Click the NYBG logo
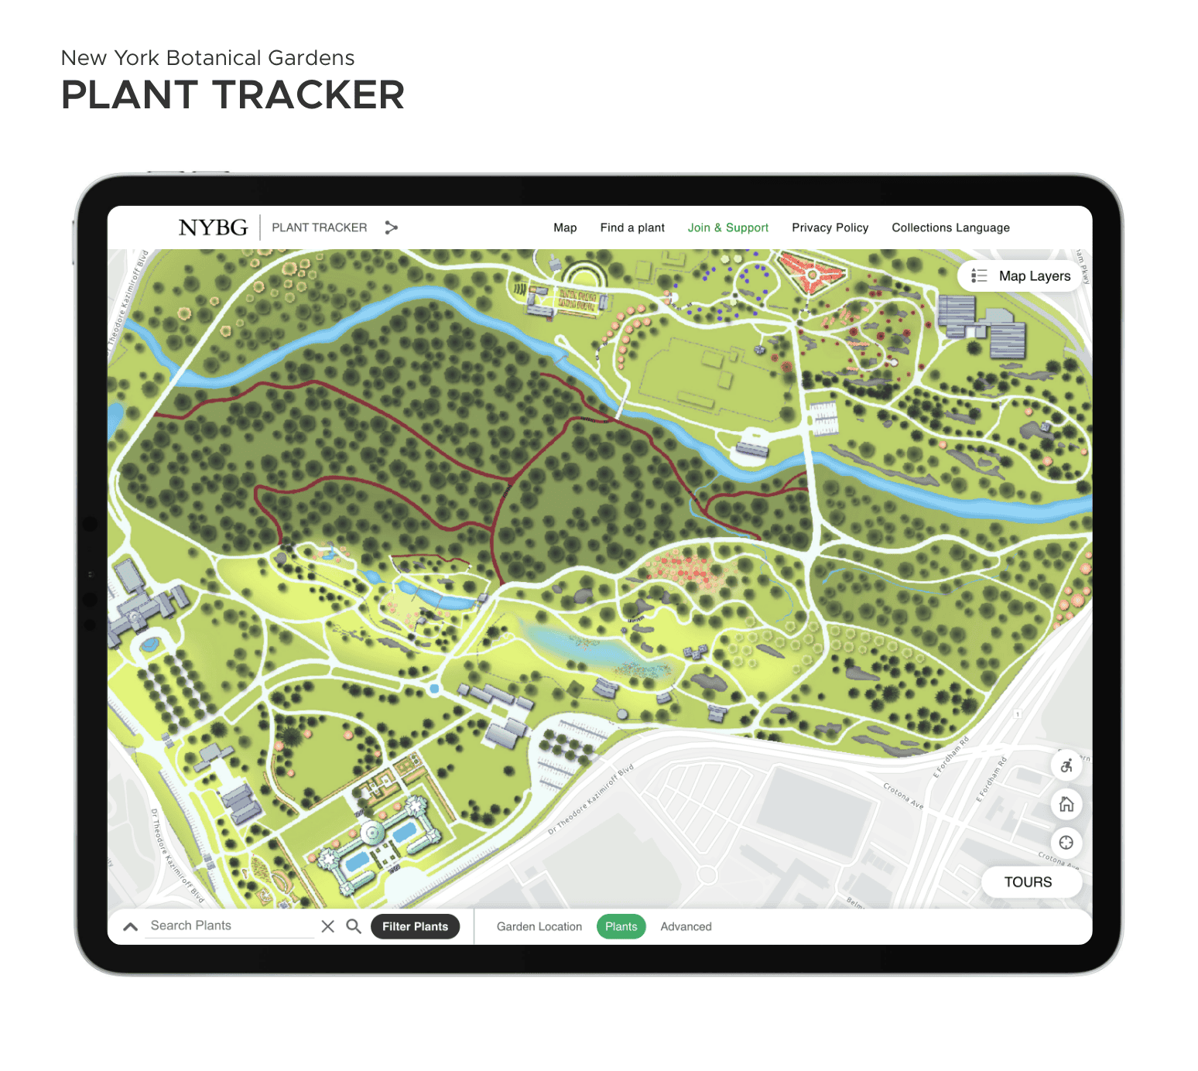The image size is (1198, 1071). point(213,228)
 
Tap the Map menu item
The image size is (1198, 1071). point(565,228)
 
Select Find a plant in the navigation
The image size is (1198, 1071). point(632,228)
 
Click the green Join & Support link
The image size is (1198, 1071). point(727,228)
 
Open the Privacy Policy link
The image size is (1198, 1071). point(830,228)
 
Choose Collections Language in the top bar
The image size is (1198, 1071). point(950,228)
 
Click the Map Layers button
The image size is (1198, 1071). point(1021,276)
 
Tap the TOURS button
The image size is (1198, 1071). point(1028,882)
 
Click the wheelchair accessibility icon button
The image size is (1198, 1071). point(1066,765)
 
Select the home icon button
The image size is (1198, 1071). point(1066,804)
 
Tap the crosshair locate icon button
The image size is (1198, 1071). point(1066,843)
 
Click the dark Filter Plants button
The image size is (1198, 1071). point(415,926)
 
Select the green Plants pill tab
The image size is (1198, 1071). point(621,926)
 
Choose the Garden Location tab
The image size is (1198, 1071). point(539,926)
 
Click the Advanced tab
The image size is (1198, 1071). point(686,926)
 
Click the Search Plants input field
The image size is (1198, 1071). point(228,926)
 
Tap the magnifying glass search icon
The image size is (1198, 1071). point(354,926)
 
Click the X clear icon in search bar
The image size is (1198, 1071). point(328,926)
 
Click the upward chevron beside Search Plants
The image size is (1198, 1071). point(131,926)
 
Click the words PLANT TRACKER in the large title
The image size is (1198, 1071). point(232,95)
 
